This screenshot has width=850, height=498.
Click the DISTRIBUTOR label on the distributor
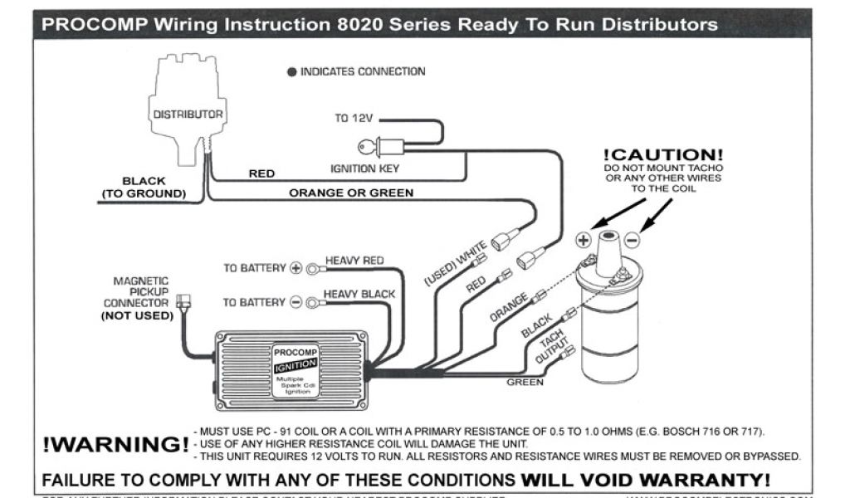click(x=188, y=114)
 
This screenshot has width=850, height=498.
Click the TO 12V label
click(x=354, y=118)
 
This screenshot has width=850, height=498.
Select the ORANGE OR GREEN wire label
click(x=350, y=193)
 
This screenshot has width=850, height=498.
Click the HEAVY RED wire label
click(x=354, y=261)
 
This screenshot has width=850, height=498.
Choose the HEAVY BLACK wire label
click(x=359, y=294)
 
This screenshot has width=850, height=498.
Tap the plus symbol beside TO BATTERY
click(x=296, y=268)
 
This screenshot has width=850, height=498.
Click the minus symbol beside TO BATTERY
click(x=296, y=302)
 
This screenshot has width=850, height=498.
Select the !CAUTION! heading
click(x=662, y=155)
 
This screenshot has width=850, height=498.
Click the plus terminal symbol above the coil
click(x=583, y=240)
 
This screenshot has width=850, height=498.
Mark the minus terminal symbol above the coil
click(x=632, y=240)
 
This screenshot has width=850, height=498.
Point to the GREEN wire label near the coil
click(x=525, y=382)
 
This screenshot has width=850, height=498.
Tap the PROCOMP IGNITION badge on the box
click(x=295, y=359)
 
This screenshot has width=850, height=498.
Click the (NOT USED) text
click(x=137, y=315)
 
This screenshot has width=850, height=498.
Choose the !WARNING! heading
click(x=115, y=444)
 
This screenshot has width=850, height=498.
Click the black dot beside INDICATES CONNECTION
click(x=291, y=72)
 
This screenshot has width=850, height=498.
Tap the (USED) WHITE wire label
click(x=455, y=264)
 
